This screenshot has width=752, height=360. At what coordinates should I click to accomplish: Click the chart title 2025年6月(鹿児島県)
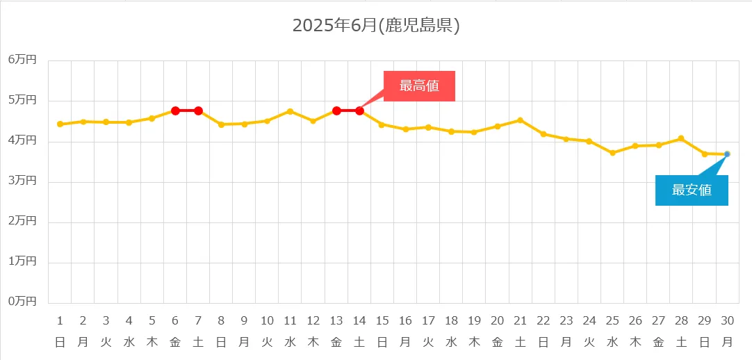tap(376, 26)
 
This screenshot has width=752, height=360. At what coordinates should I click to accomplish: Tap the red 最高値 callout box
tap(419, 86)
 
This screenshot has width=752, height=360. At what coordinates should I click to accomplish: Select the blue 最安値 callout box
tap(692, 190)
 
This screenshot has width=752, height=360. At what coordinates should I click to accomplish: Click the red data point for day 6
tap(175, 111)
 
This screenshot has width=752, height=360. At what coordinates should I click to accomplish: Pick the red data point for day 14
tap(359, 111)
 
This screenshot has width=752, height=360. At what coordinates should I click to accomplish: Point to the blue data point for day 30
tap(727, 154)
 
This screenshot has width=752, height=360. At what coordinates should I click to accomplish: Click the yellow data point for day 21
tap(520, 120)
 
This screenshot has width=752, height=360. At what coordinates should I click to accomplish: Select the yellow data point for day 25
tap(612, 153)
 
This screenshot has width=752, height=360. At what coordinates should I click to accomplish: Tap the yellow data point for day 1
tap(60, 124)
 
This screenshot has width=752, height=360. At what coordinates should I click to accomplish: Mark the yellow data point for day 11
tap(290, 111)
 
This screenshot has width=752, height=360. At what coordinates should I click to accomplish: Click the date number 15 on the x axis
tap(382, 320)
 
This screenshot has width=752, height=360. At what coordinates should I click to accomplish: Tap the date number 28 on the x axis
tap(681, 320)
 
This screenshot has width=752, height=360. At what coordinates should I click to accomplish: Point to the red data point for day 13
tap(336, 111)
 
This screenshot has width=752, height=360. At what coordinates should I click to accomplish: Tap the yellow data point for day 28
tap(681, 138)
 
